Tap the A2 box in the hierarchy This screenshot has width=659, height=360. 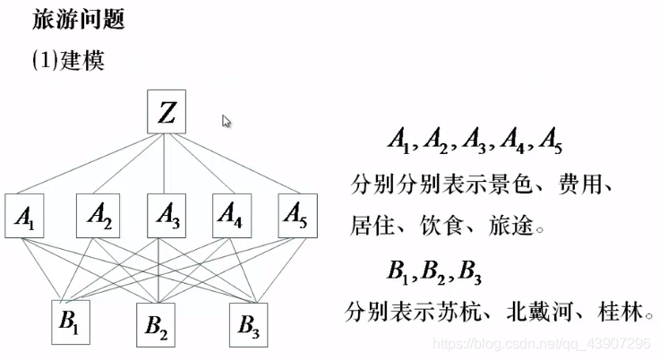coord(98,215)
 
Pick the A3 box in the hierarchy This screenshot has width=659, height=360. coord(167,215)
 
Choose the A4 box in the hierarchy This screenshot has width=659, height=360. coord(234,215)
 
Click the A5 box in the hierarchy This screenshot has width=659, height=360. coord(299,215)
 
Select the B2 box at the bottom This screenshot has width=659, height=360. coord(157,328)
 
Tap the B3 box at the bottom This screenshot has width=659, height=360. coord(250,325)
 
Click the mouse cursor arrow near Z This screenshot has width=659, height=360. coord(227,121)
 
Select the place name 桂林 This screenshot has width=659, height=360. coord(622,312)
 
